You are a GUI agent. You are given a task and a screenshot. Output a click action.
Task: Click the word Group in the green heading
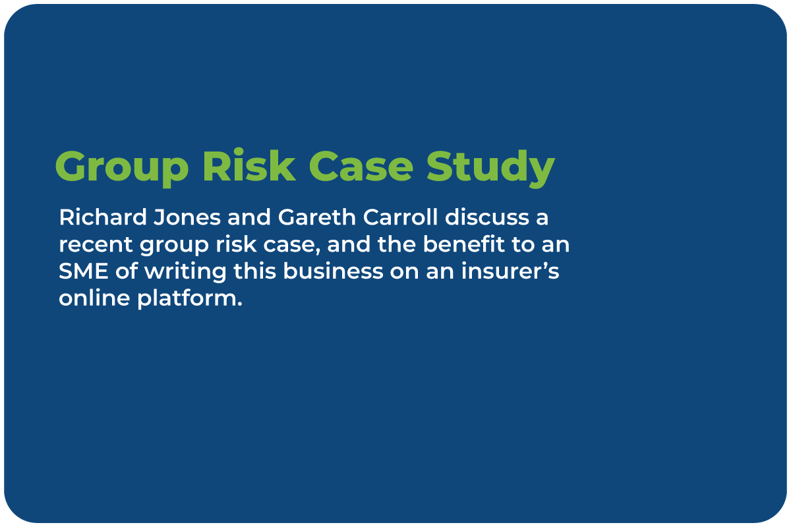[122, 168]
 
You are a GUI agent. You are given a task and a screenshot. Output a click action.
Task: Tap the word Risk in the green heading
[249, 165]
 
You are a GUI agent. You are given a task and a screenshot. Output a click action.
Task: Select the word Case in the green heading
[361, 166]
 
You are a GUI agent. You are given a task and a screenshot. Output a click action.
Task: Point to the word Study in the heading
[490, 168]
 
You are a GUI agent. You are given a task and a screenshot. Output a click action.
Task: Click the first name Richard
[103, 217]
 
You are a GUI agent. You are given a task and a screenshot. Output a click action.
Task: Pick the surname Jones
[187, 217]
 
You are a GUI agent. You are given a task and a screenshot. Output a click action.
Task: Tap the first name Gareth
[317, 217]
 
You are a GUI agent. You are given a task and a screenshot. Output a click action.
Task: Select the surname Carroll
[401, 217]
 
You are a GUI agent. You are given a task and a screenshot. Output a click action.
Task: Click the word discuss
[487, 217]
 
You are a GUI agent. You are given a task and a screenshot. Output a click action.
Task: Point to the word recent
[96, 244]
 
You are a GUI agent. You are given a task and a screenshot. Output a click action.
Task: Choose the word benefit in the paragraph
[464, 244]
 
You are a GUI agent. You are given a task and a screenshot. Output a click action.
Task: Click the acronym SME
[83, 271]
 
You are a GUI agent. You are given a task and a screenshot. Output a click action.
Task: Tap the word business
[333, 271]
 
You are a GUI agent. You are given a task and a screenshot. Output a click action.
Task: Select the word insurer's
[510, 271]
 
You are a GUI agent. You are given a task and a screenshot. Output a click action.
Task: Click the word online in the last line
[95, 298]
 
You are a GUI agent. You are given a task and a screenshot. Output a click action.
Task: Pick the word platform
[190, 300]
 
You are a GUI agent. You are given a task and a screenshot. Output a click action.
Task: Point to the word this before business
[254, 271]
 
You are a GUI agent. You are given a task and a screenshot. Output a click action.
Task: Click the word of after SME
[127, 271]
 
